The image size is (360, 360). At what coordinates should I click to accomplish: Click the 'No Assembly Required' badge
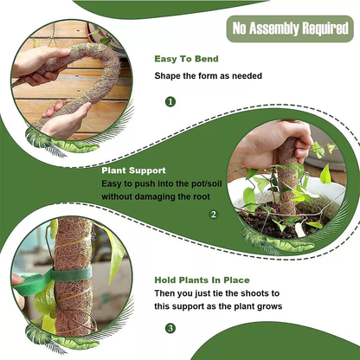(x=290, y=29)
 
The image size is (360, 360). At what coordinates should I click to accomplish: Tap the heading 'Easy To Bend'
(x=186, y=59)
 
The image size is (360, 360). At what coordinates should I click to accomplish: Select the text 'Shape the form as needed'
(x=209, y=76)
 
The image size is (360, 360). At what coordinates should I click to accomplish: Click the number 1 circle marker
(x=170, y=101)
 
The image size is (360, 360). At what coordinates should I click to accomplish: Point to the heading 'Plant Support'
(x=133, y=170)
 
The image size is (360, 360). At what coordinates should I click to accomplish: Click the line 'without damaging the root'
(x=156, y=196)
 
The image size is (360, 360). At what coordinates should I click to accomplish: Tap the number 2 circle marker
(x=214, y=215)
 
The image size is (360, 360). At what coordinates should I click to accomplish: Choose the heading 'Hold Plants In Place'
(x=202, y=280)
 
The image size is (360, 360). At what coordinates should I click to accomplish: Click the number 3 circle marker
(x=170, y=328)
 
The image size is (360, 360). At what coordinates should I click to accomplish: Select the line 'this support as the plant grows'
(x=218, y=306)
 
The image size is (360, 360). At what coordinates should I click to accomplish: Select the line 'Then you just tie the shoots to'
(x=217, y=293)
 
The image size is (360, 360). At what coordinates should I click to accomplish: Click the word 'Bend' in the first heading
(x=207, y=59)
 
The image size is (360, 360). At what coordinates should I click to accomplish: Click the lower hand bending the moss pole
(x=67, y=119)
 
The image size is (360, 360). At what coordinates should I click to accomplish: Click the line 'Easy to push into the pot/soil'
(x=162, y=183)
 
